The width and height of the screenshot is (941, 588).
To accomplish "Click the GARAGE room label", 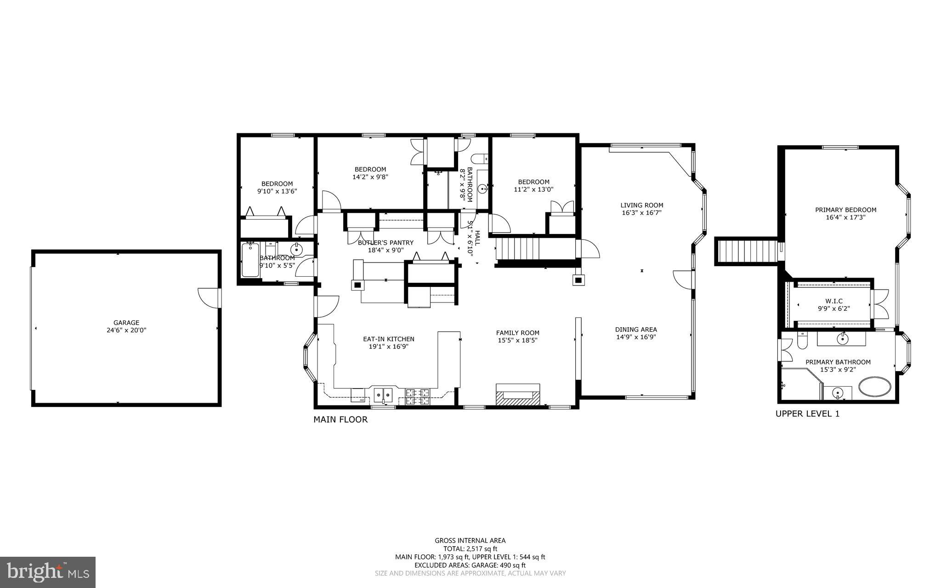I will (126, 323).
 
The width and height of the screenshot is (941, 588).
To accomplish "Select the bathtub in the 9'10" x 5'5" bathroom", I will (250, 260).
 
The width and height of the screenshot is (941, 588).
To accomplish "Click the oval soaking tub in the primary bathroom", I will (875, 388).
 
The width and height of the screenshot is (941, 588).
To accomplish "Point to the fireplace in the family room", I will (518, 395).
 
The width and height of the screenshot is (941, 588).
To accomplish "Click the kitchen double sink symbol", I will (383, 394).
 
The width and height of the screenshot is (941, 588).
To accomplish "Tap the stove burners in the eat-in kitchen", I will (417, 397).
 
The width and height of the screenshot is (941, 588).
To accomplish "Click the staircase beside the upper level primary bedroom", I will (747, 251).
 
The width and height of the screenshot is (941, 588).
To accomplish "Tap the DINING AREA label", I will (636, 329).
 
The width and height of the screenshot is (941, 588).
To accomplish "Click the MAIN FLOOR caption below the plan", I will (340, 419).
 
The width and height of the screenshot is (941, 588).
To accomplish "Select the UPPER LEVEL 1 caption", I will (807, 413).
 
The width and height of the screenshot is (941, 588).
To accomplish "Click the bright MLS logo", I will (48, 572).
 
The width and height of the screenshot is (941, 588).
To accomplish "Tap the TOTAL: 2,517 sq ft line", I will (470, 548).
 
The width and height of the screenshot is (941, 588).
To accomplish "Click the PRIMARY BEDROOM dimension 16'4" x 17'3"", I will (845, 217).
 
